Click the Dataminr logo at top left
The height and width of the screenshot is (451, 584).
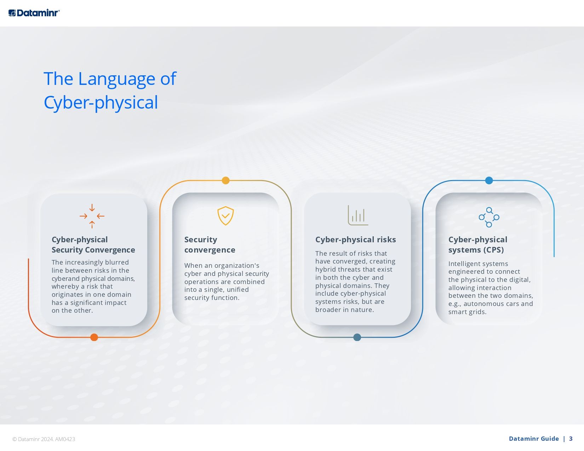pyautogui.click(x=34, y=13)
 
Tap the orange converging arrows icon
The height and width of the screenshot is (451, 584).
pyautogui.click(x=92, y=216)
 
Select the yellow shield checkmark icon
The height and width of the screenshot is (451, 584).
pyautogui.click(x=225, y=215)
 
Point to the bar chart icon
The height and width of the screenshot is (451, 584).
pyautogui.click(x=358, y=215)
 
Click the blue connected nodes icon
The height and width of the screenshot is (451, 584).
pyautogui.click(x=489, y=217)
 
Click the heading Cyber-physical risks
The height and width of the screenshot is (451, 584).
pyautogui.click(x=355, y=239)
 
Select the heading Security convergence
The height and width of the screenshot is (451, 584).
pyautogui.click(x=210, y=244)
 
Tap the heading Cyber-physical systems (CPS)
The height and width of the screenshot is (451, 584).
pyautogui.click(x=477, y=244)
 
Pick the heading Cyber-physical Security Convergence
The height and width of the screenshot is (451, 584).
pyautogui.click(x=93, y=244)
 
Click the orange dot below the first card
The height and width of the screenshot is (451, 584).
pyautogui.click(x=94, y=337)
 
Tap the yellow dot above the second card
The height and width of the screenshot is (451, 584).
pyautogui.click(x=225, y=180)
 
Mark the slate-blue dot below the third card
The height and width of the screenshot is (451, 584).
pyautogui.click(x=357, y=337)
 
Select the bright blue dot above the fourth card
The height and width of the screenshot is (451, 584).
pyautogui.click(x=489, y=180)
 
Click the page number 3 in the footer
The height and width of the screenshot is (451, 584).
pyautogui.click(x=571, y=439)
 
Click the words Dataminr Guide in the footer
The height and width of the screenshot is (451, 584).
pyautogui.click(x=533, y=439)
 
